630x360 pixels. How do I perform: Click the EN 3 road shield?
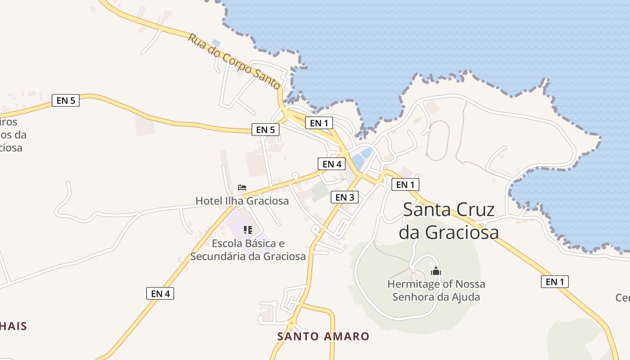344,197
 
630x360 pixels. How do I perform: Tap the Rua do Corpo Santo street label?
234,61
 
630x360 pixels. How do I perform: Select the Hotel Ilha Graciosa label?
242,201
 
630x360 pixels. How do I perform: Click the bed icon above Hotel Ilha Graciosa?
242,187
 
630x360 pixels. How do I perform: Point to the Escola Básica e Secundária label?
248,250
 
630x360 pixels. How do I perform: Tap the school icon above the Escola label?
247,230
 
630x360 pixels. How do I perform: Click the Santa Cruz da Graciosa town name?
449,221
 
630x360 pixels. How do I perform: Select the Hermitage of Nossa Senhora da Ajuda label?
436,290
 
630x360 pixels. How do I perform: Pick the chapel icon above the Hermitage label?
436,271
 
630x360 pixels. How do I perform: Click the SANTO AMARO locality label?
323,336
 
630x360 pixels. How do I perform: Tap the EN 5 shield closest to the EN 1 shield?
265,130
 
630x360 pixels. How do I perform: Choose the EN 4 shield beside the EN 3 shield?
332,164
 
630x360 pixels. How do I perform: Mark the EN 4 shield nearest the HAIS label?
160,293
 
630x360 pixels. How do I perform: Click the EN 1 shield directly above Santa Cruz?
405,184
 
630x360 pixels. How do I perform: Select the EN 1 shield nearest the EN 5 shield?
319,122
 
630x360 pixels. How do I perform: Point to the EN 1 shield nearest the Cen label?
554,282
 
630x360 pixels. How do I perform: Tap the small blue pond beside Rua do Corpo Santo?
216,43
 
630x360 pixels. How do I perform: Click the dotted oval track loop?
438,140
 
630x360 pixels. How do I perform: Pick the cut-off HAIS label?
13,326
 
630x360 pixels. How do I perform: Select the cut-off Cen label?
623,297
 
